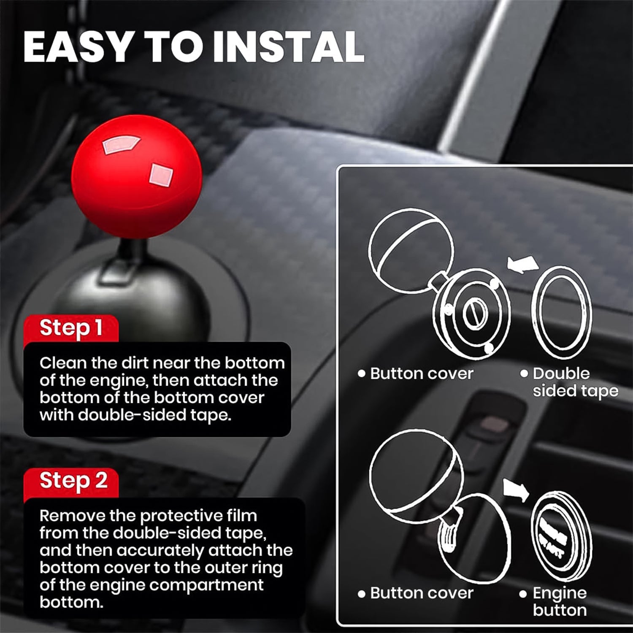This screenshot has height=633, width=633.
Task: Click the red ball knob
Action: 137,173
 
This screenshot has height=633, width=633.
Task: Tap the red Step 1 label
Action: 71,328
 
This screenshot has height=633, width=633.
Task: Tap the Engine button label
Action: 560,601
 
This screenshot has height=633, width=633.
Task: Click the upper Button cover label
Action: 421,373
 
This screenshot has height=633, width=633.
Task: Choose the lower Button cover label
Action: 421,593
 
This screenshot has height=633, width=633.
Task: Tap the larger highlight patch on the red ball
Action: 120,145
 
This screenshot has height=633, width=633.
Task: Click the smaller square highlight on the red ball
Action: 161,175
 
